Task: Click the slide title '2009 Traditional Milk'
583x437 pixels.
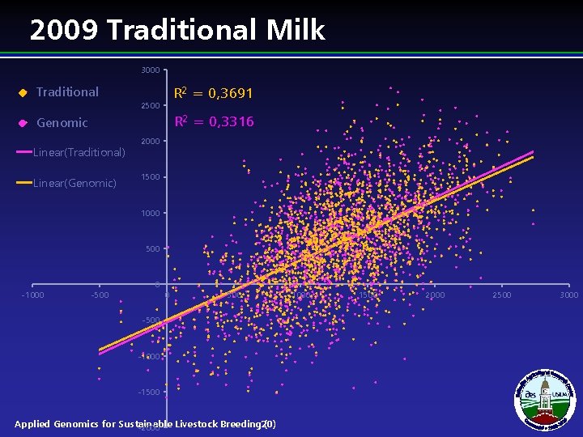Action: (177, 30)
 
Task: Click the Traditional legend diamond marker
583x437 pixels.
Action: (23, 92)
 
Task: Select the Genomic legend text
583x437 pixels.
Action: (62, 123)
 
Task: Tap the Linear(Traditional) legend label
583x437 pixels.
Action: (79, 152)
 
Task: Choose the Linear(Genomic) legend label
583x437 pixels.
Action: (74, 183)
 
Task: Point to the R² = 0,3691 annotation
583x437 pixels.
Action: (214, 94)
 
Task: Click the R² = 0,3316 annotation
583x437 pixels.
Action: (214, 122)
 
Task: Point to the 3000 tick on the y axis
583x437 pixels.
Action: (150, 70)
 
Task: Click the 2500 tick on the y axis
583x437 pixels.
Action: (150, 106)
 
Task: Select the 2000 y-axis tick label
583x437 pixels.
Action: (150, 142)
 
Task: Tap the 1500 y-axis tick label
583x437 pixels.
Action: (150, 177)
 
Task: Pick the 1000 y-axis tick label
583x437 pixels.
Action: (150, 213)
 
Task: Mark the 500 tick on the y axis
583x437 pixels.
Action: (152, 248)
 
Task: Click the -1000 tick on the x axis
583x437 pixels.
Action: (32, 295)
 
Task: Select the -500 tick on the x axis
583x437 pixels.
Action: (100, 295)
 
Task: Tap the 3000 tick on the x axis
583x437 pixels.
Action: (568, 295)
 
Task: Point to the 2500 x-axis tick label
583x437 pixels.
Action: (502, 295)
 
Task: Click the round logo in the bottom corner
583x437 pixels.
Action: (544, 400)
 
